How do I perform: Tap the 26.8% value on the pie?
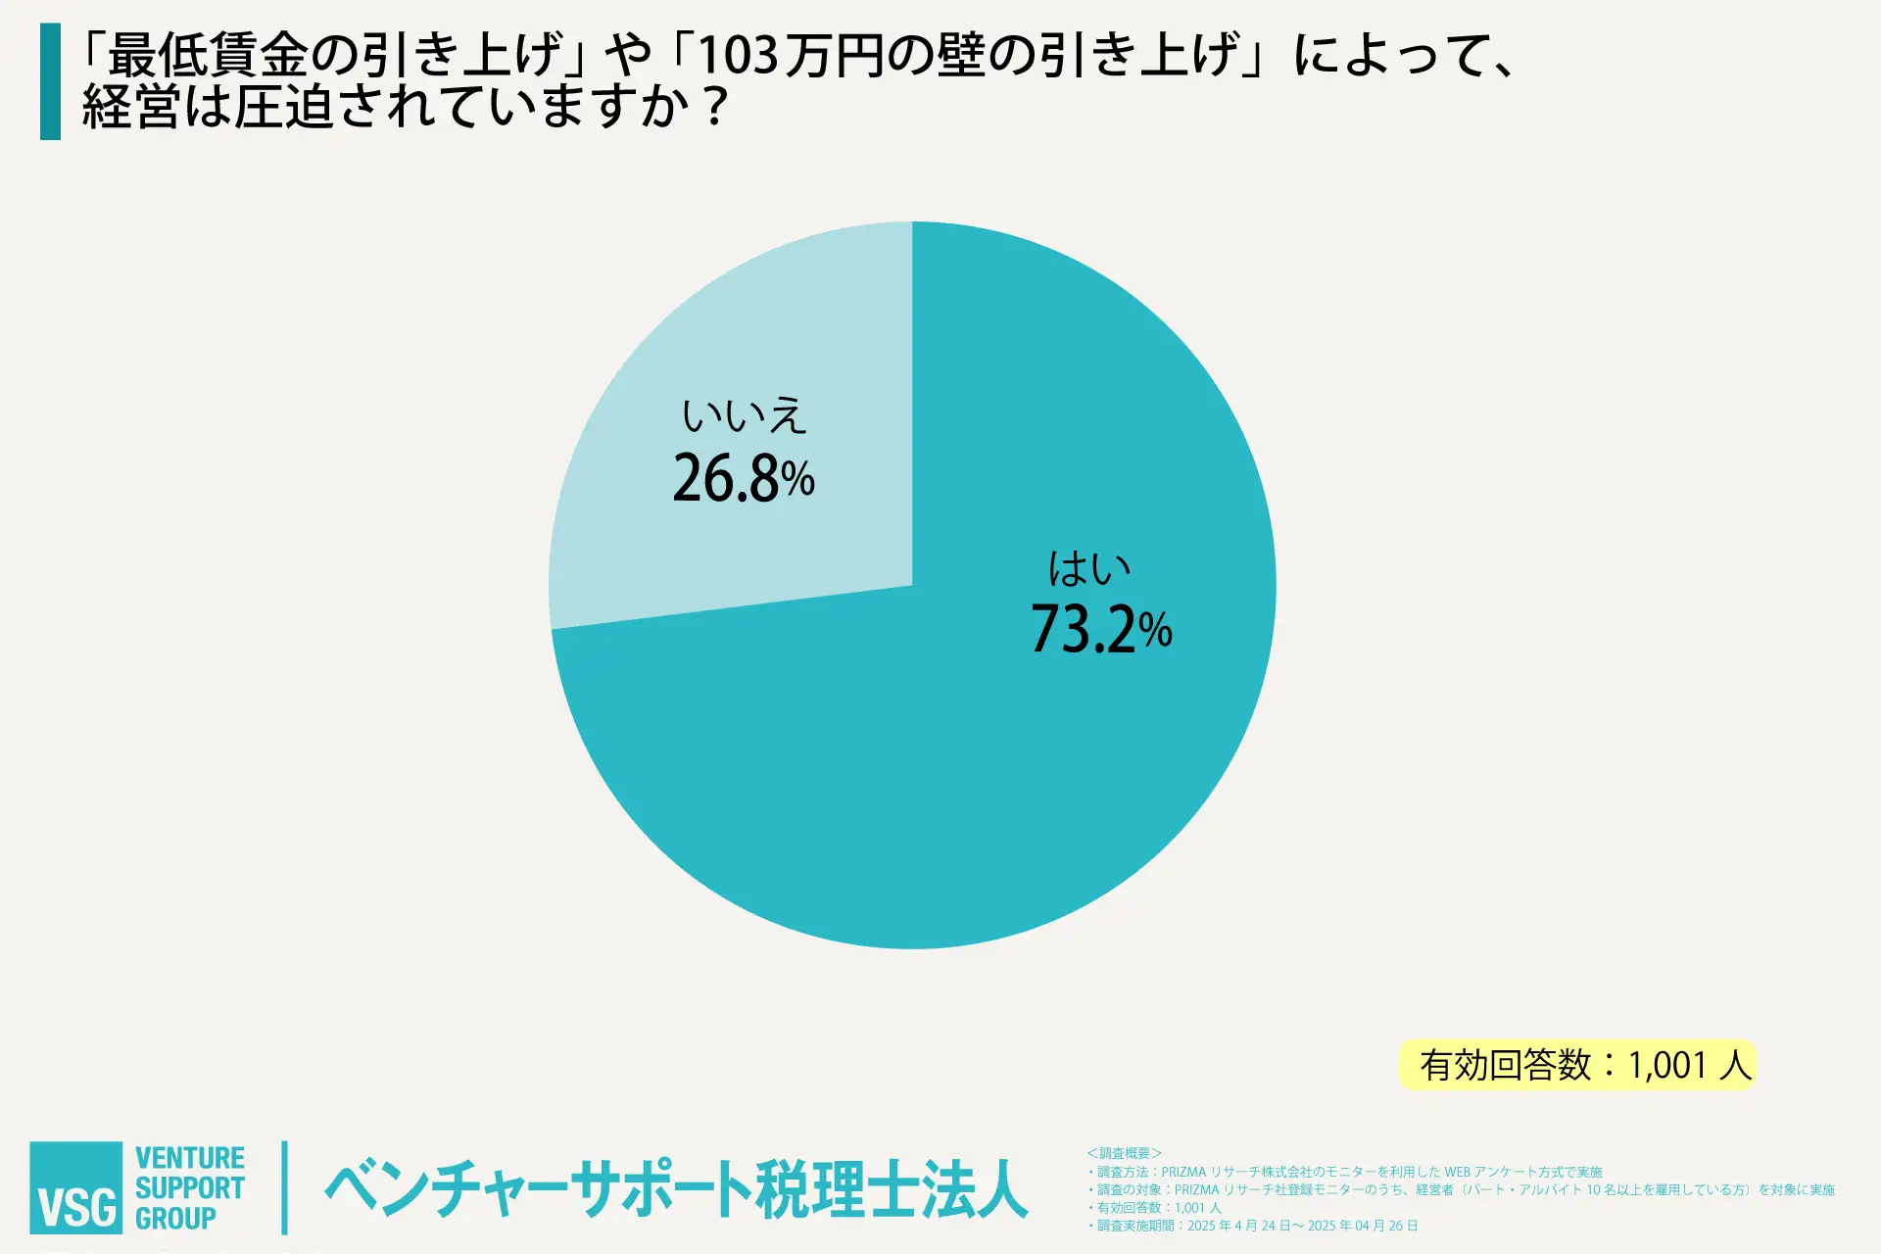(744, 479)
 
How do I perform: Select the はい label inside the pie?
(1089, 568)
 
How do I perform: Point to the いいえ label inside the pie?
(744, 416)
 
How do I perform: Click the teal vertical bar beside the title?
(50, 81)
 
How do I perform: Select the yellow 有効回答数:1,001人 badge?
(1577, 1065)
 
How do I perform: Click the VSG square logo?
(76, 1187)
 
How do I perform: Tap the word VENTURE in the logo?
(190, 1158)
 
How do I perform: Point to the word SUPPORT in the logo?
(190, 1188)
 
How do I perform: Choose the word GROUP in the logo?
(175, 1219)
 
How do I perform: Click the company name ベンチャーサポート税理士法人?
(676, 1189)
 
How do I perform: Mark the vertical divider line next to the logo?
(285, 1187)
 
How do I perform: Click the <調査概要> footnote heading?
(1124, 1153)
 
